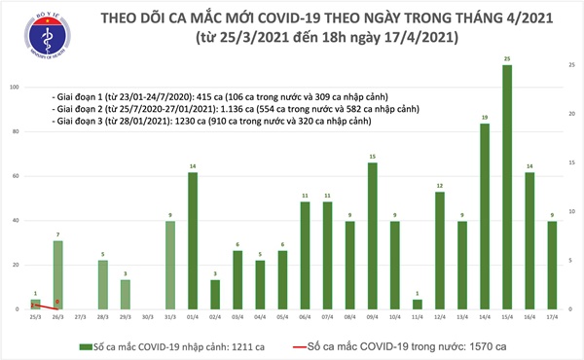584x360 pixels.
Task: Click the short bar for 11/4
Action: click(418, 305)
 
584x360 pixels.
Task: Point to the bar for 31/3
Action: click(170, 265)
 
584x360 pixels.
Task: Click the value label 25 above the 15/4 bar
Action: click(507, 59)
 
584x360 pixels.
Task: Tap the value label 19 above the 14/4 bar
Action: click(484, 117)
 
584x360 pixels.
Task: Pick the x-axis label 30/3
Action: click(148, 317)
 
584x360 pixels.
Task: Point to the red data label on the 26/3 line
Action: click(57, 302)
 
